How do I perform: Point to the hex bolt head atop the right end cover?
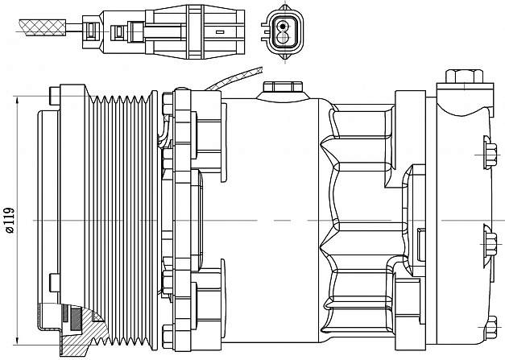453,77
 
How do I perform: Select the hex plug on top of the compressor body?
282,86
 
